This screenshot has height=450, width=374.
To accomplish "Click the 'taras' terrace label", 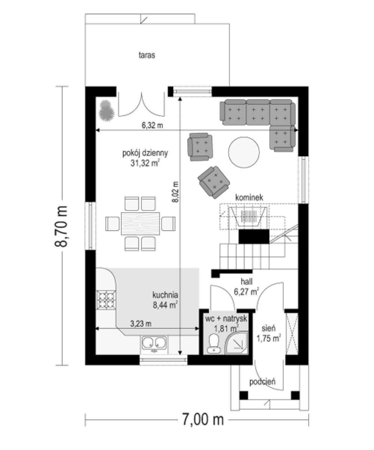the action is click(146, 55).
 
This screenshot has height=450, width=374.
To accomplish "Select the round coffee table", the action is click(244, 152).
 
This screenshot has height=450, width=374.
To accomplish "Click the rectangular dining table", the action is click(140, 223).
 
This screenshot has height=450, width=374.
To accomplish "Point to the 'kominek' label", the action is click(249, 197).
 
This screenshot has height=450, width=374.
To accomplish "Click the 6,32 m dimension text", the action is click(152, 125).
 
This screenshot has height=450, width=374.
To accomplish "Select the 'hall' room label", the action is click(246, 282).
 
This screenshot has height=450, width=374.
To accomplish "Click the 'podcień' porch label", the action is click(262, 382).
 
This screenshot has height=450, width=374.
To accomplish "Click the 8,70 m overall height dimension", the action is click(61, 226).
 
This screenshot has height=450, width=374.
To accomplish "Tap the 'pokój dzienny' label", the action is click(145, 153).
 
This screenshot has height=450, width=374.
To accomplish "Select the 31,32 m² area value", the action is click(145, 163).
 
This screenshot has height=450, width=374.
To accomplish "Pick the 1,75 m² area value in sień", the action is click(268, 338).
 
